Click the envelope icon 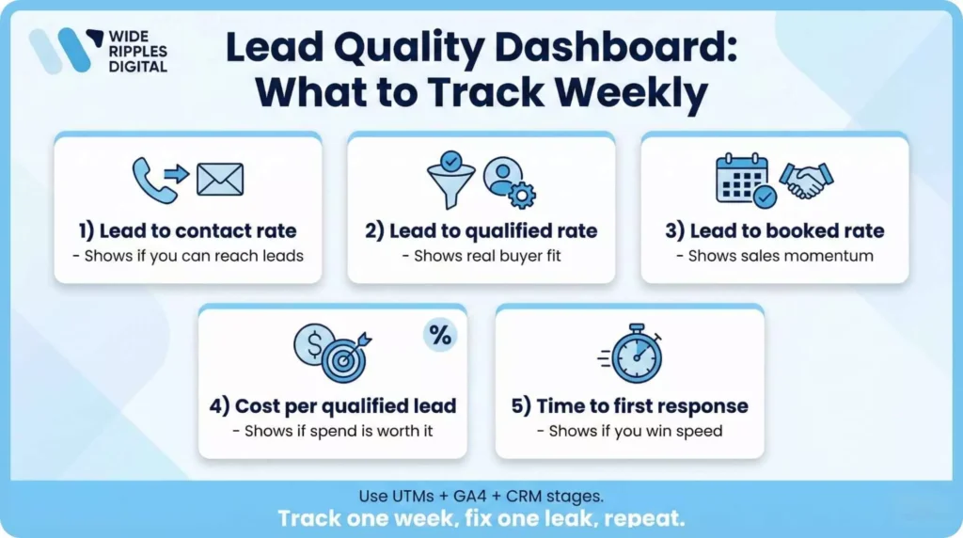[220, 179]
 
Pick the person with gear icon [509, 182]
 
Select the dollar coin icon [311, 344]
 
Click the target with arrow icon [345, 356]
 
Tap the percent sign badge [439, 334]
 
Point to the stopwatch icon [635, 356]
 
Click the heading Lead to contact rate [188, 230]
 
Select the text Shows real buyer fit [481, 256]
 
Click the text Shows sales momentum [775, 256]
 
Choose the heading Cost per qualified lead [333, 406]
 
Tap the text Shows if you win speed [629, 432]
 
